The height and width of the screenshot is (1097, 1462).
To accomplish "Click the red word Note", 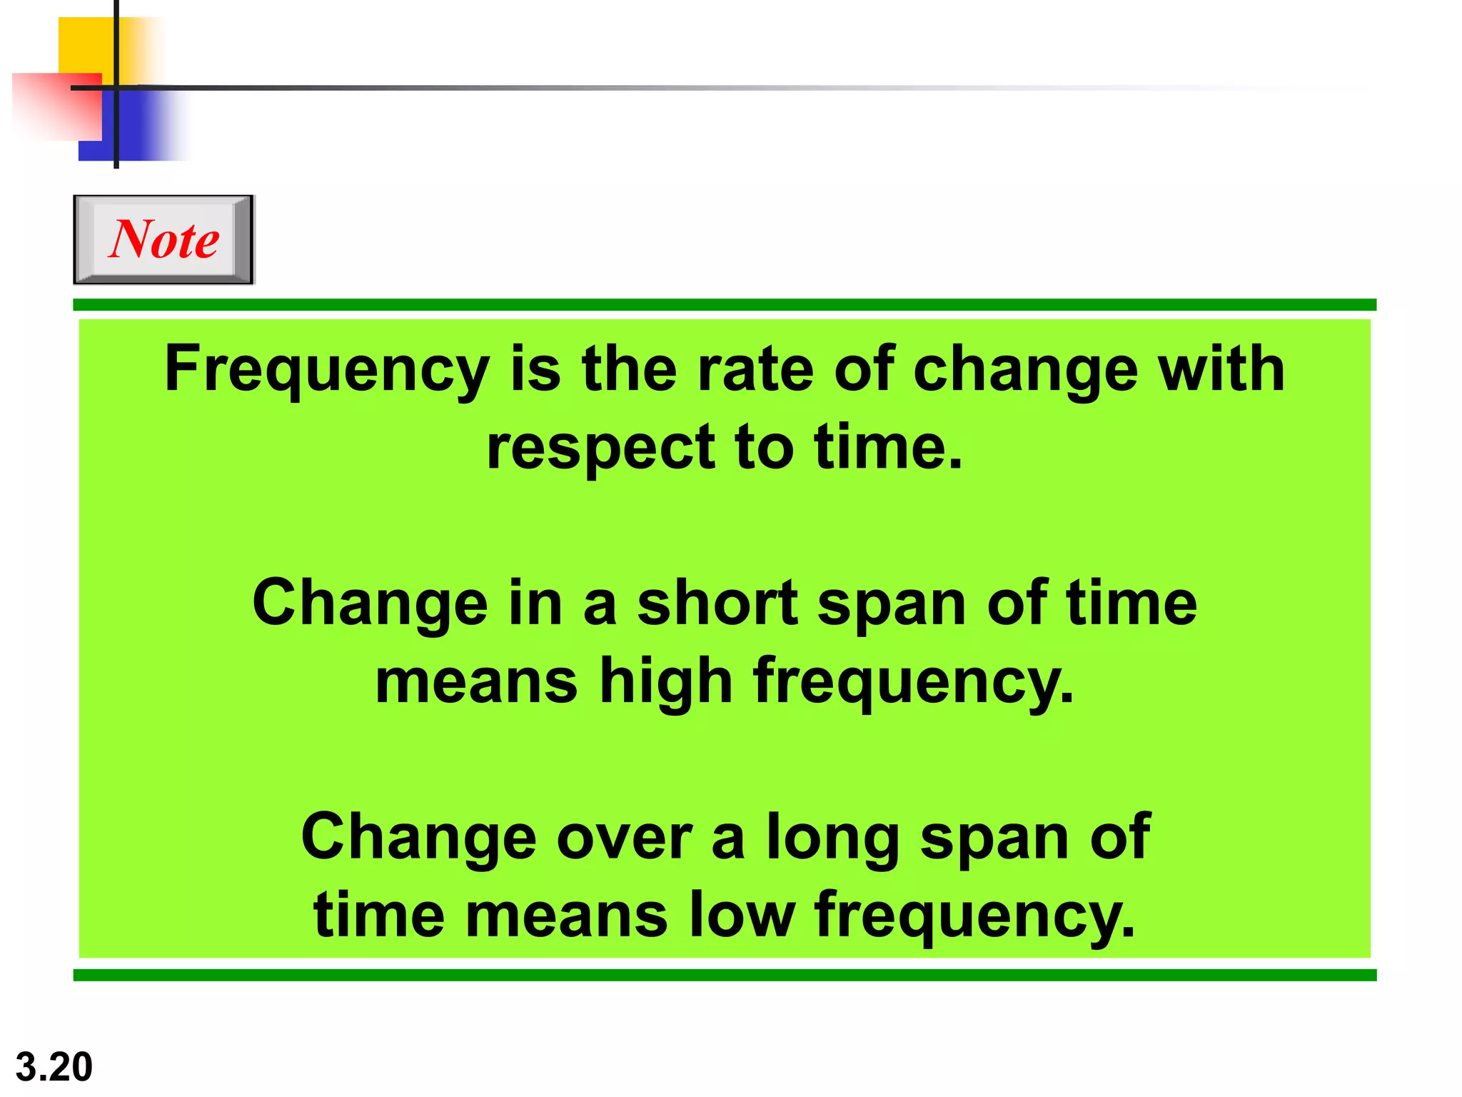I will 164,239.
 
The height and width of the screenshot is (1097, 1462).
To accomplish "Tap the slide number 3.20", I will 54,1067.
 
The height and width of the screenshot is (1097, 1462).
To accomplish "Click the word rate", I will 755,370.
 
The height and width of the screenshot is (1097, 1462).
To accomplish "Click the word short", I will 717,603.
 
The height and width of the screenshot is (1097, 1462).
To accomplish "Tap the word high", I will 666,682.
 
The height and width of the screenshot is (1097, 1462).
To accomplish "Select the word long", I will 833,838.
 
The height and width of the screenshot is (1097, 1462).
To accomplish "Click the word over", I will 625,837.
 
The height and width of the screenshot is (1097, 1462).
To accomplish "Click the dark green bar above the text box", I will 725,305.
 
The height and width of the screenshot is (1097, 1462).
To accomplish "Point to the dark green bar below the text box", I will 725,975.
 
